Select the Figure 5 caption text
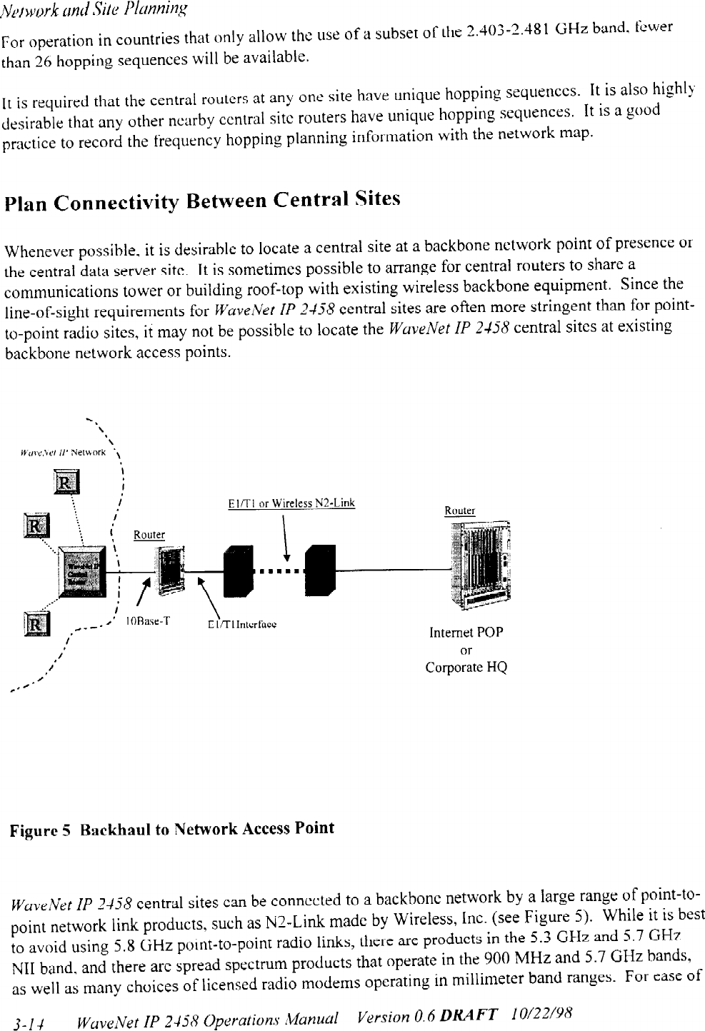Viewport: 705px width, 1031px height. coord(171,828)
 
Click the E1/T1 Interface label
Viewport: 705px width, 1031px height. coord(231,623)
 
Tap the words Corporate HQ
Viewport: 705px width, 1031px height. coord(466,668)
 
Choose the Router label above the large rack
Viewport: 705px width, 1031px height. coord(459,511)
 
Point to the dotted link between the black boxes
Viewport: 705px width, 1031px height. coord(278,572)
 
